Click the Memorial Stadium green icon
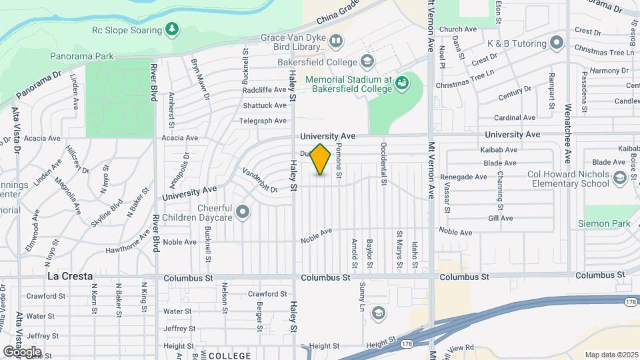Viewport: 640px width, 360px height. click(x=402, y=83)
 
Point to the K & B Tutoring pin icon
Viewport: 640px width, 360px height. click(x=557, y=44)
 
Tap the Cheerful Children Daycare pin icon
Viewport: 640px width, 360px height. click(x=243, y=213)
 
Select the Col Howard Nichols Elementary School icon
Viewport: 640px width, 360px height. click(x=620, y=177)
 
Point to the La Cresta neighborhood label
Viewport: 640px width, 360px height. click(x=69, y=276)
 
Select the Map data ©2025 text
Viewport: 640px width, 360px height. click(x=610, y=355)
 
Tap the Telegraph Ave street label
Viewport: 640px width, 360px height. click(x=264, y=121)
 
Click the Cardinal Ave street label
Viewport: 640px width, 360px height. click(x=516, y=117)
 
